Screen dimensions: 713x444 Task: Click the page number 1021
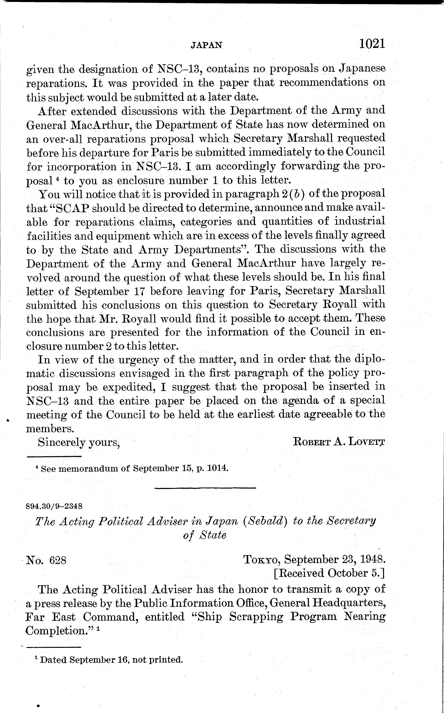tap(371, 44)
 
